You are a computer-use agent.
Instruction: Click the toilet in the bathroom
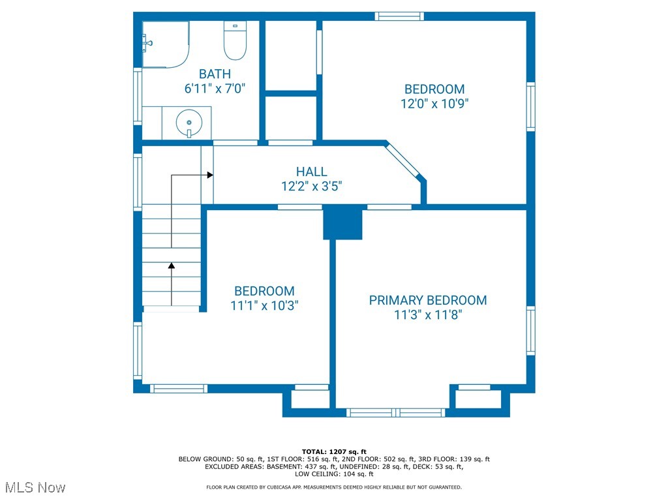tap(235, 40)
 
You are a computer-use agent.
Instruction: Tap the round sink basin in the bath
tap(189, 123)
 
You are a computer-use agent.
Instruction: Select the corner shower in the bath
tap(166, 45)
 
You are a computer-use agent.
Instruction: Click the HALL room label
tap(312, 172)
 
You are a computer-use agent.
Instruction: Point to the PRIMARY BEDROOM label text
tap(428, 300)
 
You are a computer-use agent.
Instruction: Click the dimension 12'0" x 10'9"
tap(434, 104)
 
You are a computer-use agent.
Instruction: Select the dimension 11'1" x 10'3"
tap(264, 305)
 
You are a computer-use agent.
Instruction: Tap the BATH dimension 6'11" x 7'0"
tap(215, 89)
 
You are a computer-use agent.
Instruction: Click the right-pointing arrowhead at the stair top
tap(210, 175)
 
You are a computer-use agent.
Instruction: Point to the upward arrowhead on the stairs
tap(172, 266)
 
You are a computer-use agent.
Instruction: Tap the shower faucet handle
tap(147, 43)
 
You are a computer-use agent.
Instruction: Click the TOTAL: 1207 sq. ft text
tap(334, 451)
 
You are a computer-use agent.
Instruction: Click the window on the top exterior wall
tap(399, 16)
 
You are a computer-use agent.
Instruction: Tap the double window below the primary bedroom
tap(396, 412)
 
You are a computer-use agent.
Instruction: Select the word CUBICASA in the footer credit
tap(281, 487)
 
